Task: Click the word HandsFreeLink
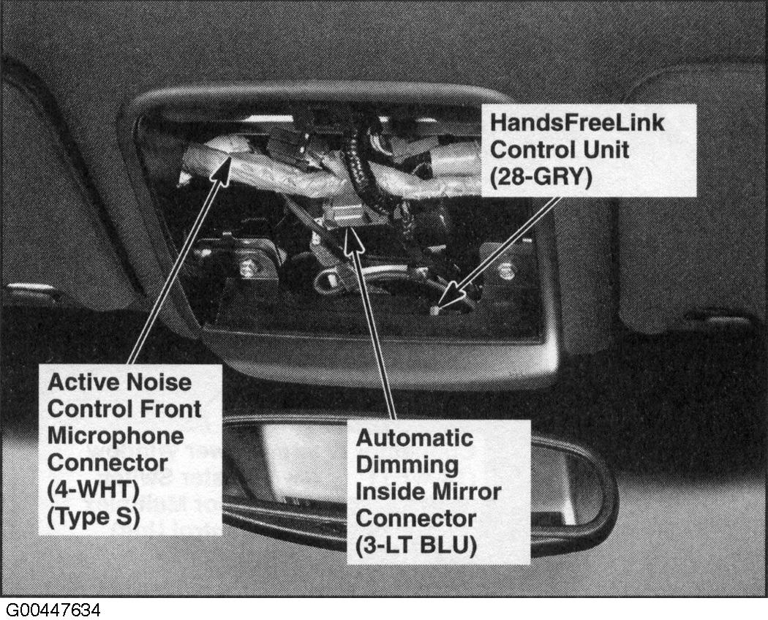[577, 122]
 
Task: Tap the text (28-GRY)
[541, 177]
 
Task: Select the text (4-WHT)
[93, 490]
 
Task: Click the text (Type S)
[94, 517]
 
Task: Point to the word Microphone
[116, 436]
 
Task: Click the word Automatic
[415, 438]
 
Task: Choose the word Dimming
[407, 465]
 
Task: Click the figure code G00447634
[53, 610]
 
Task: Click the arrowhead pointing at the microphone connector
[222, 168]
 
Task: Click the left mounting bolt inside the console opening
[247, 268]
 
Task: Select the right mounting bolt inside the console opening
[506, 270]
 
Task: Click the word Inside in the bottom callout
[389, 492]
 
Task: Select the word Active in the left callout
[82, 382]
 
